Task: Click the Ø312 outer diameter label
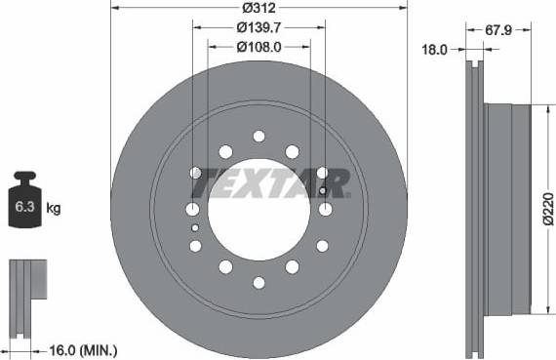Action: pos(258,8)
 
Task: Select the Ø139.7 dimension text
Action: pos(258,27)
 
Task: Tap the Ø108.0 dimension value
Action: pos(258,47)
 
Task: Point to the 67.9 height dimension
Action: pos(498,30)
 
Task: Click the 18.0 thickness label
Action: pos(435,50)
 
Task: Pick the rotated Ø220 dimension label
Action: pos(548,209)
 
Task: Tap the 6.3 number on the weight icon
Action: pos(24,207)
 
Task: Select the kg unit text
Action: pos(54,208)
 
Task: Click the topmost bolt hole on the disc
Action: pos(259,136)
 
